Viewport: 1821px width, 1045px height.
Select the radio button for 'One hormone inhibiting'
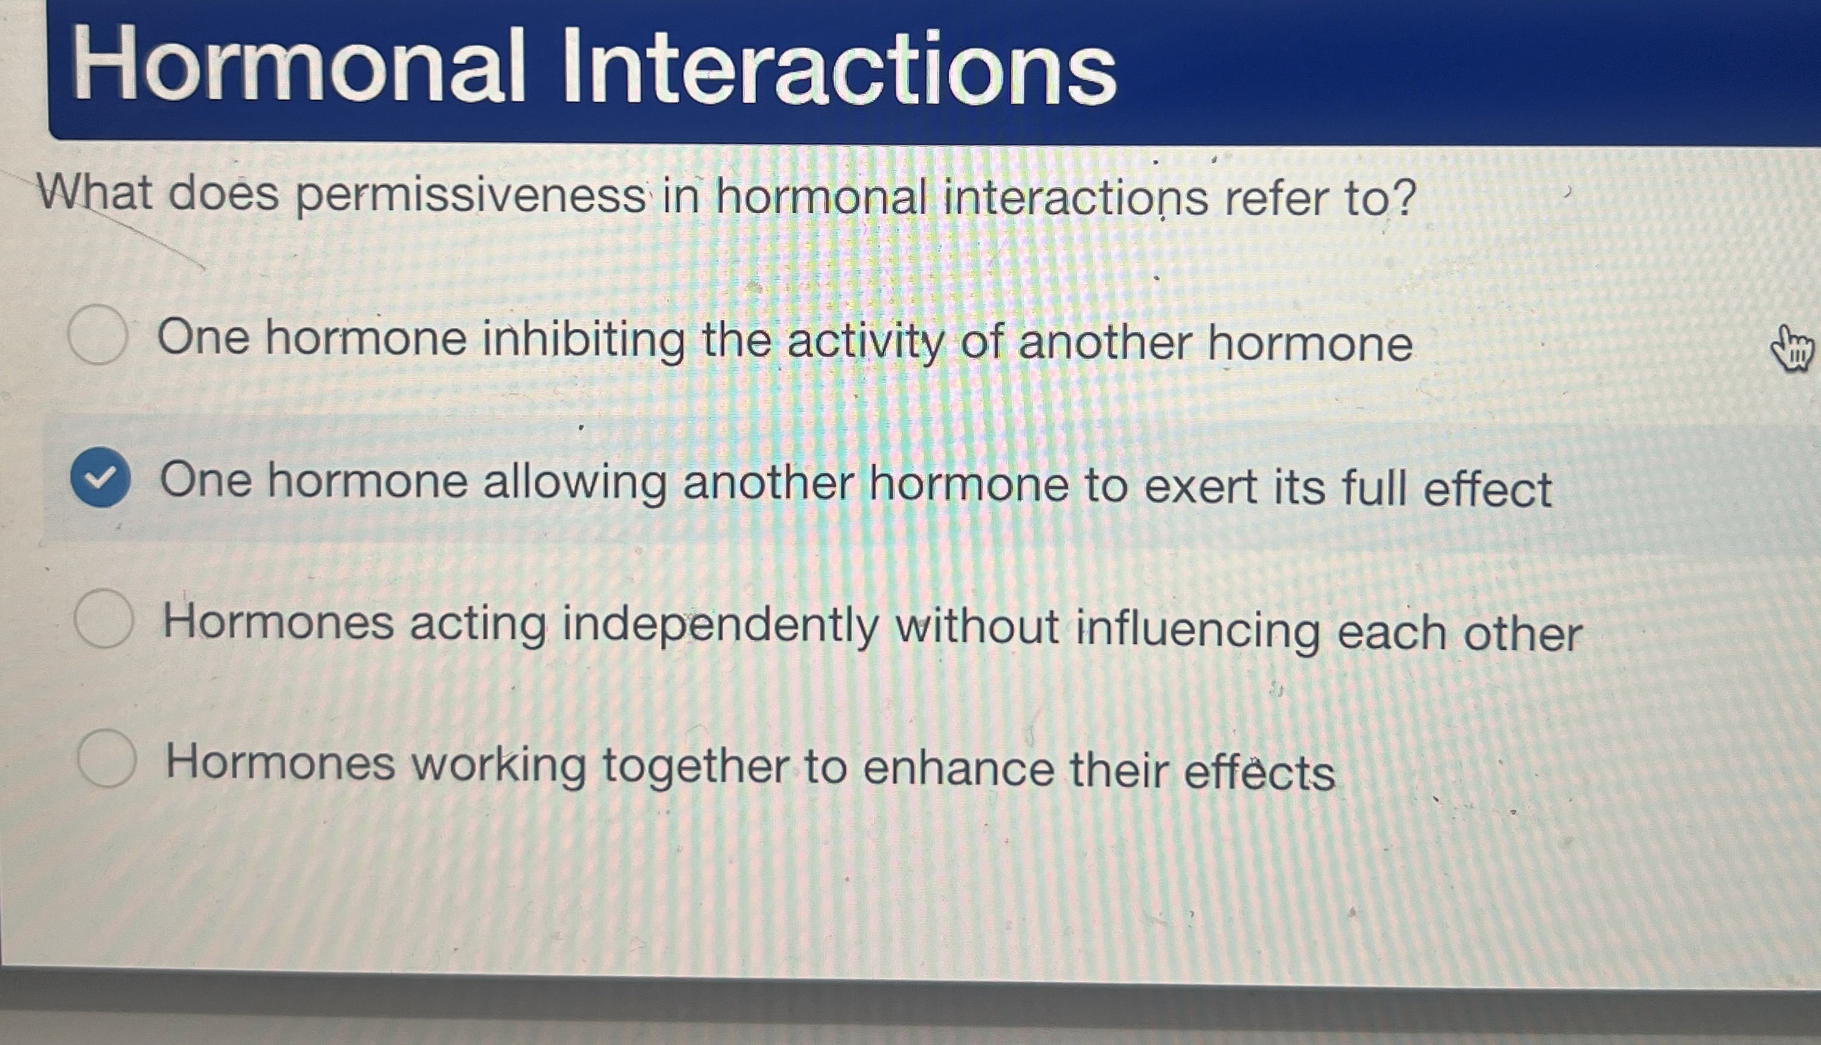pyautogui.click(x=98, y=335)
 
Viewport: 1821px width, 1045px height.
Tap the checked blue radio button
pyautogui.click(x=101, y=477)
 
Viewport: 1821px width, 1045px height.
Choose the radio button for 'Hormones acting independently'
pyautogui.click(x=104, y=618)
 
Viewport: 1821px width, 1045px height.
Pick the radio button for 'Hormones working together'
pyautogui.click(x=107, y=759)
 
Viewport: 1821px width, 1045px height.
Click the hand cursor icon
pyautogui.click(x=1792, y=350)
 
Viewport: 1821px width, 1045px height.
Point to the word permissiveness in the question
pyautogui.click(x=471, y=197)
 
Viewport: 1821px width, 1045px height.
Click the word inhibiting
pyautogui.click(x=583, y=341)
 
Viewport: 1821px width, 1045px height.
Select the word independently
pyautogui.click(x=721, y=626)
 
